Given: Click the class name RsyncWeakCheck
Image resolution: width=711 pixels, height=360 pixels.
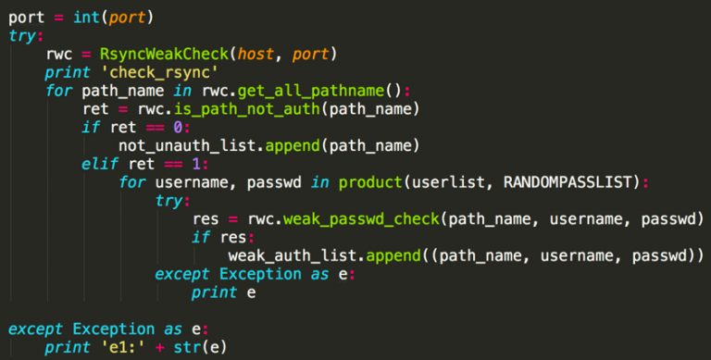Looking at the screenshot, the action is [x=164, y=54].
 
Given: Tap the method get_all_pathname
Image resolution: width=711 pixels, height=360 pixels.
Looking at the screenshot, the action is [x=311, y=91].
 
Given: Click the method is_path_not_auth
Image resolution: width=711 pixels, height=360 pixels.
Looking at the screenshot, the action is [x=247, y=109].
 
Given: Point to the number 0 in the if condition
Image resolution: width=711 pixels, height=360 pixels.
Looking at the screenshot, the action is [x=178, y=128].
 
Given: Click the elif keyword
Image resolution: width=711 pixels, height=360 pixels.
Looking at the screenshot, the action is [x=100, y=164].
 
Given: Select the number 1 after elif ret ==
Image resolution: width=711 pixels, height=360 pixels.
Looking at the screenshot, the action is [x=196, y=164].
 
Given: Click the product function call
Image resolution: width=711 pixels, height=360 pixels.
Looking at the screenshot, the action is [x=370, y=182].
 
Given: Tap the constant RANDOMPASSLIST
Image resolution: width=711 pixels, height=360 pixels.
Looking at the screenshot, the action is [x=568, y=182].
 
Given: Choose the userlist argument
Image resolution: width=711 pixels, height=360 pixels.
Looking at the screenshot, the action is [x=448, y=182].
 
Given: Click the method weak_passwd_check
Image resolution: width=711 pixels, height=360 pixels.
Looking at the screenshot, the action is [x=361, y=219].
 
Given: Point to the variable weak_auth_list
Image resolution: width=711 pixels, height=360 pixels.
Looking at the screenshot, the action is [x=293, y=256].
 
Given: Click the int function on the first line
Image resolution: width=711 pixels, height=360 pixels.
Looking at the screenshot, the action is [x=87, y=18].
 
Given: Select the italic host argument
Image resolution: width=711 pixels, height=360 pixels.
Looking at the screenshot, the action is [x=256, y=55].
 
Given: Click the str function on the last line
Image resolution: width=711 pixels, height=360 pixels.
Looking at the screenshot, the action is [x=187, y=347].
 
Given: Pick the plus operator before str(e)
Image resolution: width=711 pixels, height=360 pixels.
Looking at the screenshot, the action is [x=159, y=348].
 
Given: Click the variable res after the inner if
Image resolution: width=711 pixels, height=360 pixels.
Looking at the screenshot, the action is [x=233, y=238].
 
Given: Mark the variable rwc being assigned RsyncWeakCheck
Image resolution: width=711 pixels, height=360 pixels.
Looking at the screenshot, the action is [x=59, y=55].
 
